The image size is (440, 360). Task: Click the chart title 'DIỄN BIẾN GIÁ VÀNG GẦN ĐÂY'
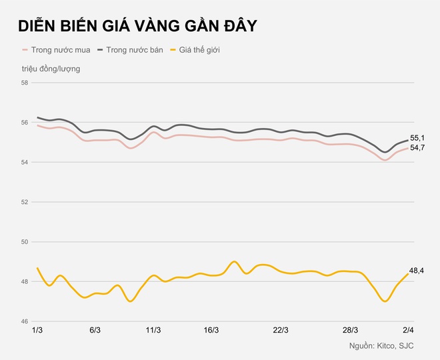137,26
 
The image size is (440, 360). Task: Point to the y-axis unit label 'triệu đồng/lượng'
50,68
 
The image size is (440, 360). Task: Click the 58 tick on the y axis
25,83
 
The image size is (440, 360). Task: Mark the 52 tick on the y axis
25,202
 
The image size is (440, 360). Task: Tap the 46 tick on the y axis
25,321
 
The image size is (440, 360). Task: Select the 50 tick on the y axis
25,242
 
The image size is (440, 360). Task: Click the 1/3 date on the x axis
37,330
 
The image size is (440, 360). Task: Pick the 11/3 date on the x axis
153,330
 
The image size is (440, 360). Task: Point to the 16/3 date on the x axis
211,330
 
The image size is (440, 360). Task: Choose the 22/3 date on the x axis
281,330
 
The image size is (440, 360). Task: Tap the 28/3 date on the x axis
350,330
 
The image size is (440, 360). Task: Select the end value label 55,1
418,138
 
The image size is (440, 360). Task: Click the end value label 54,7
418,147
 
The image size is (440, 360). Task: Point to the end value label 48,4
417,270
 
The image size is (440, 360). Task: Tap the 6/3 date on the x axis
95,330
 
